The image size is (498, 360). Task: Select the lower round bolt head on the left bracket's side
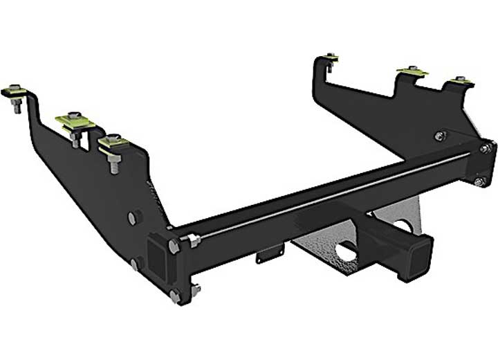(x=135, y=263)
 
